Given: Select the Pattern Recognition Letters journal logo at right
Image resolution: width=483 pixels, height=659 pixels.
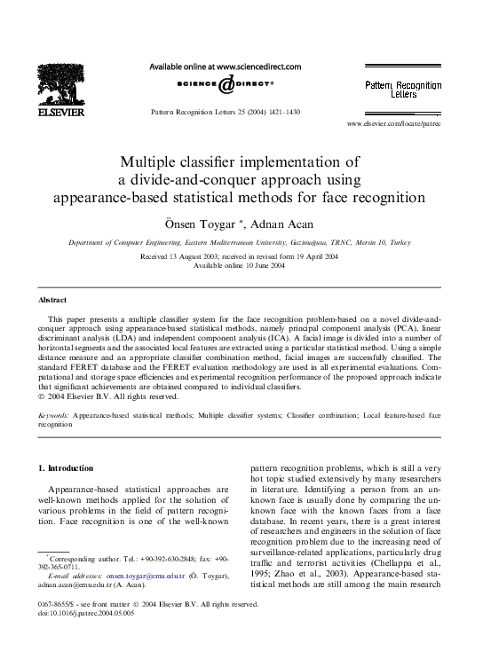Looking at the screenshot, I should [403, 88].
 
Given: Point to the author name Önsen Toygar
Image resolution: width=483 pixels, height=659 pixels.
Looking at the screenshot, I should [208, 222].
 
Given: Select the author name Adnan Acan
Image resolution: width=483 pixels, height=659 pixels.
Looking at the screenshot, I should [277, 222].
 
